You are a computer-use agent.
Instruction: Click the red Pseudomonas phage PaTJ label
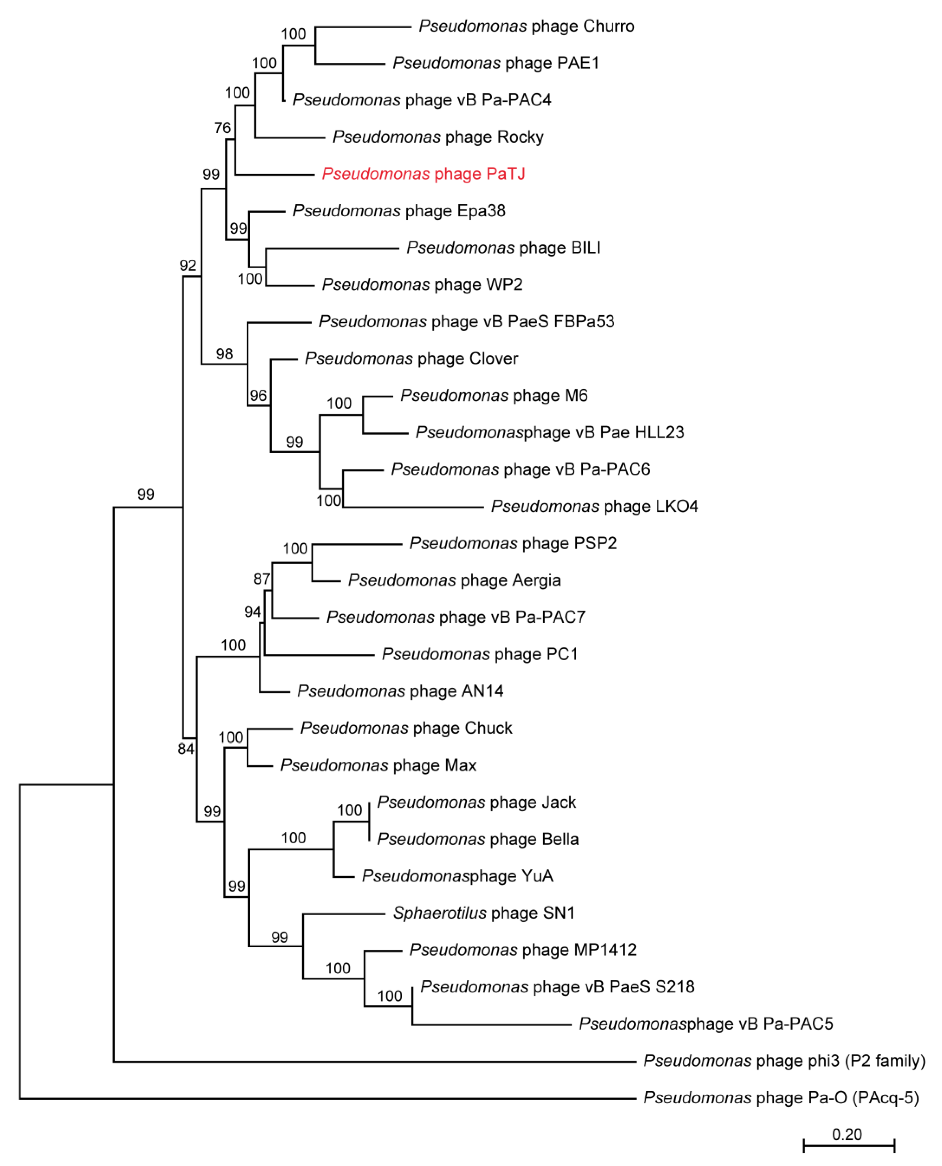point(423,174)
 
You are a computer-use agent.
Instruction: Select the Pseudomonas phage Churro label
point(526,26)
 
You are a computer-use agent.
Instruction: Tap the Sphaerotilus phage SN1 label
point(483,913)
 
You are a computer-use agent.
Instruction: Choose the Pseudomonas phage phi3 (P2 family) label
point(784,1061)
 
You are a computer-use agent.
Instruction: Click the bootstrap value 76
point(222,128)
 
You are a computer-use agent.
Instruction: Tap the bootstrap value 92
point(188,265)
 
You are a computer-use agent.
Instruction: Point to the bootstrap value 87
point(262,579)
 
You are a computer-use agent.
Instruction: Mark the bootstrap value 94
point(252,612)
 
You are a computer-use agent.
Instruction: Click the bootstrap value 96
point(258,395)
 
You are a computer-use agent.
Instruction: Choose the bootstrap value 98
point(224,354)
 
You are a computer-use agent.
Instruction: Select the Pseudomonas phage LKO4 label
point(594,506)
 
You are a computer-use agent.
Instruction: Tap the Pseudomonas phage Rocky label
point(438,137)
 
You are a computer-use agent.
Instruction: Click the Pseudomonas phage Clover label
point(411,359)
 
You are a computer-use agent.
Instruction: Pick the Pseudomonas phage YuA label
point(457,876)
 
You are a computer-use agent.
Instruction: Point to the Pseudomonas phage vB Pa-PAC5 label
point(705,1024)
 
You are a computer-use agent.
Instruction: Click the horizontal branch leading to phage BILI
point(332,249)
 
